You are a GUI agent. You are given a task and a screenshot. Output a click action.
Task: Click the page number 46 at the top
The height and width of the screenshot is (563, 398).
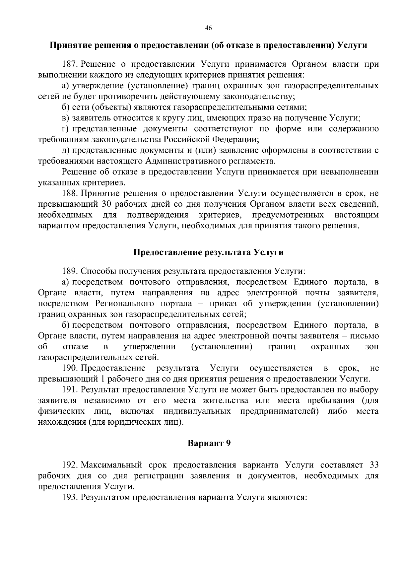pos(209,29)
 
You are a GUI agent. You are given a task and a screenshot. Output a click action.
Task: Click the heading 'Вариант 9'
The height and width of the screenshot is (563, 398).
pos(209,444)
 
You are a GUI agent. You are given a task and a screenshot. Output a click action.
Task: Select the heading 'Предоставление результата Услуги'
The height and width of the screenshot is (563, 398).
pos(208,252)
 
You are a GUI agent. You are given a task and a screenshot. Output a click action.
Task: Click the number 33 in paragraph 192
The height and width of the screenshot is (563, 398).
pos(373,465)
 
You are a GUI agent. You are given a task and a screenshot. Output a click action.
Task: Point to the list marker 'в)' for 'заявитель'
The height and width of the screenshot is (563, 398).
pos(66,118)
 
